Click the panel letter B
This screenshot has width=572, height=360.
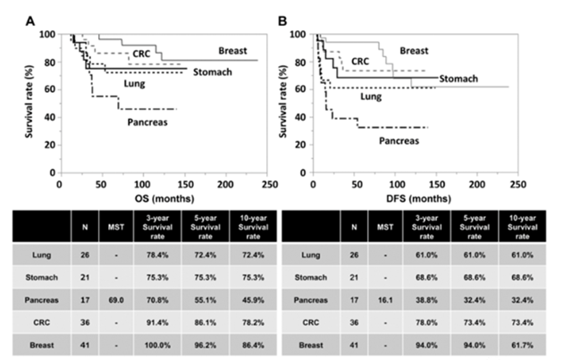[x=291, y=16]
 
